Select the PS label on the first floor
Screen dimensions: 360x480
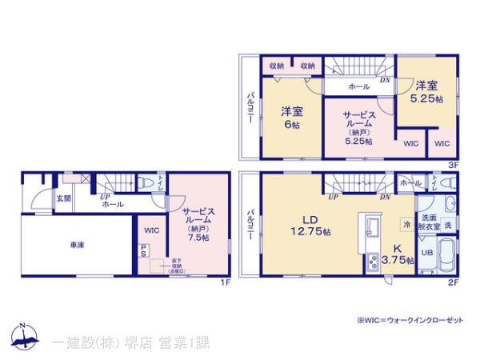pyautogui.click(x=143, y=250)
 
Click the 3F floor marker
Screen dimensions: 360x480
pyautogui.click(x=452, y=164)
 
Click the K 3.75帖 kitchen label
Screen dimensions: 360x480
pyautogui.click(x=398, y=254)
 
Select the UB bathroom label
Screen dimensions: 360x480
pyautogui.click(x=427, y=253)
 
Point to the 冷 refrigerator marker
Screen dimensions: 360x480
pyautogui.click(x=407, y=226)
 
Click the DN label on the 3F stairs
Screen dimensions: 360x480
pyautogui.click(x=385, y=79)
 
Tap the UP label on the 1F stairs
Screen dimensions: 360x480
pyautogui.click(x=104, y=196)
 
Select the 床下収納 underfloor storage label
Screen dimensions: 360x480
pyautogui.click(x=175, y=265)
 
